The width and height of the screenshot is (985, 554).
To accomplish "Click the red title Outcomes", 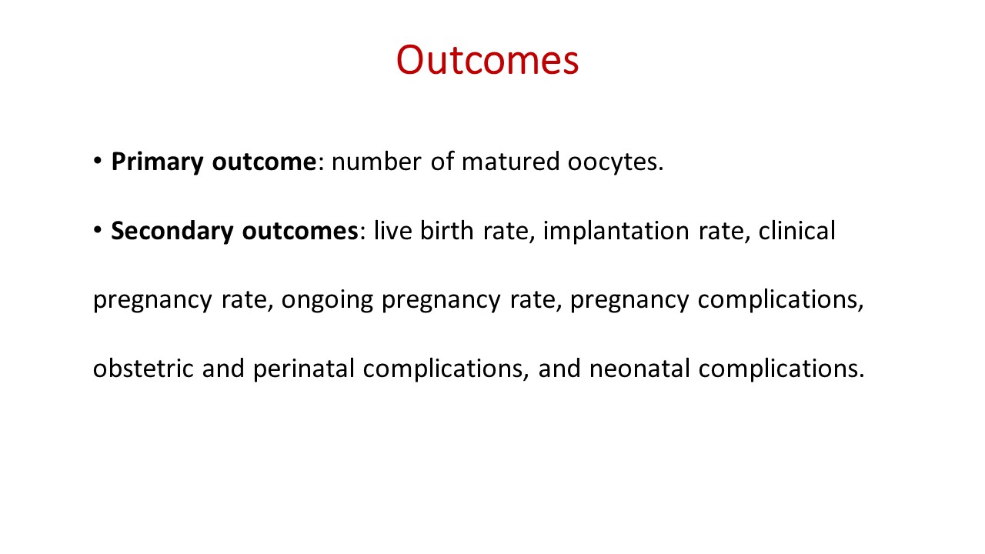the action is pos(487,60).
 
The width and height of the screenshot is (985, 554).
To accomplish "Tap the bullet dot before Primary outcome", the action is pos(98,160).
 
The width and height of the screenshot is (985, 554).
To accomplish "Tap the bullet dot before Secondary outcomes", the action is pos(98,229).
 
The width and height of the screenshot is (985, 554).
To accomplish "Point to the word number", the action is pos(376,161).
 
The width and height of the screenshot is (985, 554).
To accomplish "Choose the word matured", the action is pos(510,161).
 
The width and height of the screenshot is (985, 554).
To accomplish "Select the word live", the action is pos(393,230).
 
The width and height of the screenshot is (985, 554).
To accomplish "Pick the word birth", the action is pos(447,230).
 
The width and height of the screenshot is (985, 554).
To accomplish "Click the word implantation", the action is pos(616,232).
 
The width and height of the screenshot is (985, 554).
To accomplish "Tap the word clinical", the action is pos(796,230).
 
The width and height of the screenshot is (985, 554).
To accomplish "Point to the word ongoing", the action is pos(327,301).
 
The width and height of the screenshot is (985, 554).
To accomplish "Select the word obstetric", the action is pos(143,368).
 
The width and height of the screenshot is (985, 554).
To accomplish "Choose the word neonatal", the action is pos(639,368).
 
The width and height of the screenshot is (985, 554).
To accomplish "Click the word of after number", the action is pos(442,161).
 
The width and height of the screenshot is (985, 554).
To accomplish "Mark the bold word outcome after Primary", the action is pos(264,162).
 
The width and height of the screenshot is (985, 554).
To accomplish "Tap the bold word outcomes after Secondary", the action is pos(300,232).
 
